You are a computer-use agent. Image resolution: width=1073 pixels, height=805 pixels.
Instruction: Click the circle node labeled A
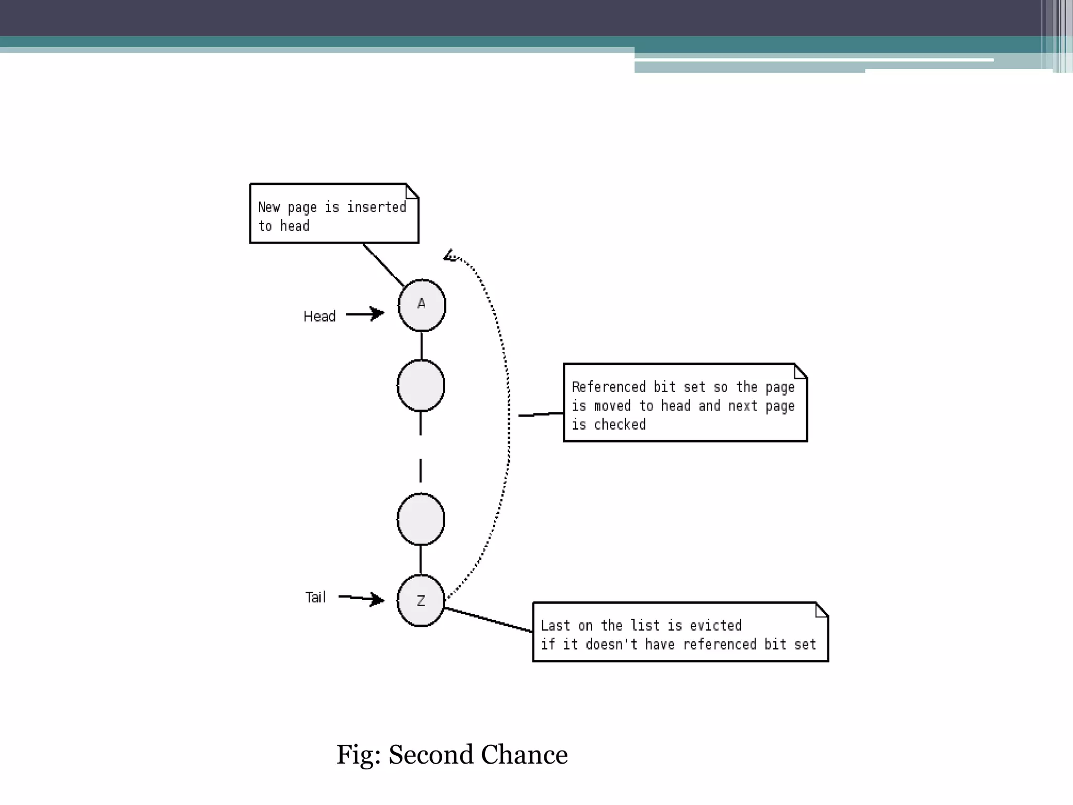pyautogui.click(x=422, y=306)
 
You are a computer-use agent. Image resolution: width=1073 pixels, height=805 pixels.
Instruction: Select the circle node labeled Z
pyautogui.click(x=421, y=601)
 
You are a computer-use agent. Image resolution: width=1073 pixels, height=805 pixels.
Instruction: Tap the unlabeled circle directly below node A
pyautogui.click(x=421, y=386)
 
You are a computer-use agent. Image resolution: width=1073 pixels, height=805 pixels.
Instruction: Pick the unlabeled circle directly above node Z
pyautogui.click(x=421, y=519)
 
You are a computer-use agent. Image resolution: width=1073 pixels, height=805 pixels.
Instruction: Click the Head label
pyautogui.click(x=320, y=317)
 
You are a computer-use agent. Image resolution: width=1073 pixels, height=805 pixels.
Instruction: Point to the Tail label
pyautogui.click(x=315, y=597)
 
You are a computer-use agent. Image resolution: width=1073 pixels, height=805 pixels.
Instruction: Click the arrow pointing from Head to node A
pyautogui.click(x=365, y=314)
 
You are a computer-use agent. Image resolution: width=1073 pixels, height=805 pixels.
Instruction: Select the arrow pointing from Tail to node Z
pyautogui.click(x=362, y=598)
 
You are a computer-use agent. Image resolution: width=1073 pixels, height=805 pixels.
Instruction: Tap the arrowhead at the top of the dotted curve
pyautogui.click(x=450, y=256)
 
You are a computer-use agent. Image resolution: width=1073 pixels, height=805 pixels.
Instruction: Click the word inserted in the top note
pyautogui.click(x=377, y=208)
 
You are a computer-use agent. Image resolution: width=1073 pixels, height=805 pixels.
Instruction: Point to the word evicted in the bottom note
pyautogui.click(x=716, y=626)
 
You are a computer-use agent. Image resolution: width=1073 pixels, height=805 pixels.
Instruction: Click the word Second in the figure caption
pyautogui.click(x=431, y=755)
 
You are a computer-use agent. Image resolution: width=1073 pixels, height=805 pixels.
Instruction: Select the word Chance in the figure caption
pyautogui.click(x=524, y=755)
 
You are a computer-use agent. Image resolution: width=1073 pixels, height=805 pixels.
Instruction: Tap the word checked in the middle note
pyautogui.click(x=620, y=425)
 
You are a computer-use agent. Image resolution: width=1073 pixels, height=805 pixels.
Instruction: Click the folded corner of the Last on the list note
pyautogui.click(x=822, y=610)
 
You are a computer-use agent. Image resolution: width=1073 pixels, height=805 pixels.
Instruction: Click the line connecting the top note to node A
pyautogui.click(x=384, y=265)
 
